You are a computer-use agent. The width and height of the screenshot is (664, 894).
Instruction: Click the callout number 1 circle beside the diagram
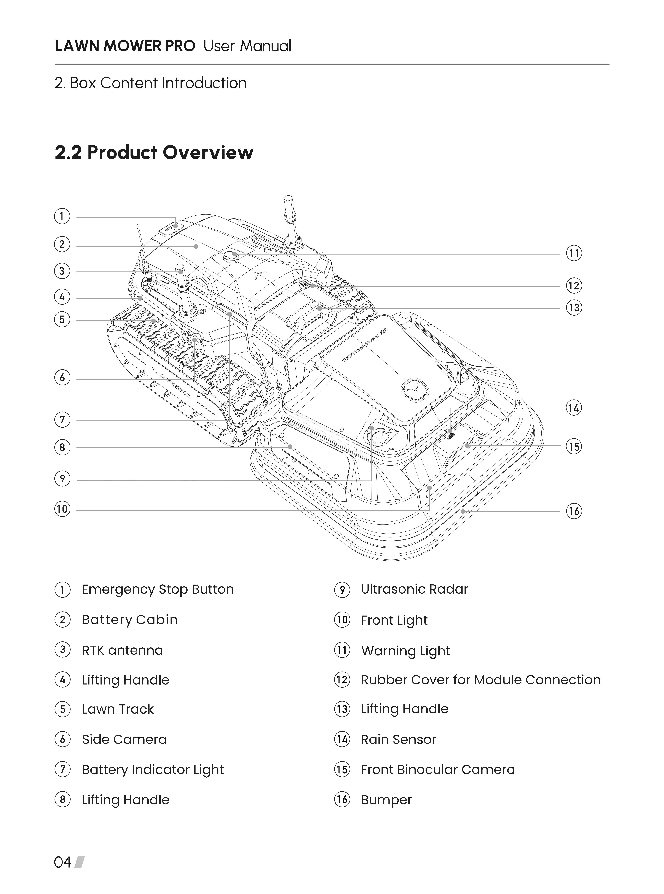pos(62,217)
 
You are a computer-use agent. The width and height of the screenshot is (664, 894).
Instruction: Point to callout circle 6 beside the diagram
pos(62,378)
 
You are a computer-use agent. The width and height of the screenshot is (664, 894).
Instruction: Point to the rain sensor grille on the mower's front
pos(450,437)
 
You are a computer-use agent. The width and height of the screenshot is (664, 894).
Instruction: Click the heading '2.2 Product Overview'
pos(154,152)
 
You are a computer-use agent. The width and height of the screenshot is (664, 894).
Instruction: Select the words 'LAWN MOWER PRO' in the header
pos(125,46)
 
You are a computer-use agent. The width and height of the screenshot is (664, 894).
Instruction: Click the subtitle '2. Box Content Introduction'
pos(150,83)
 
